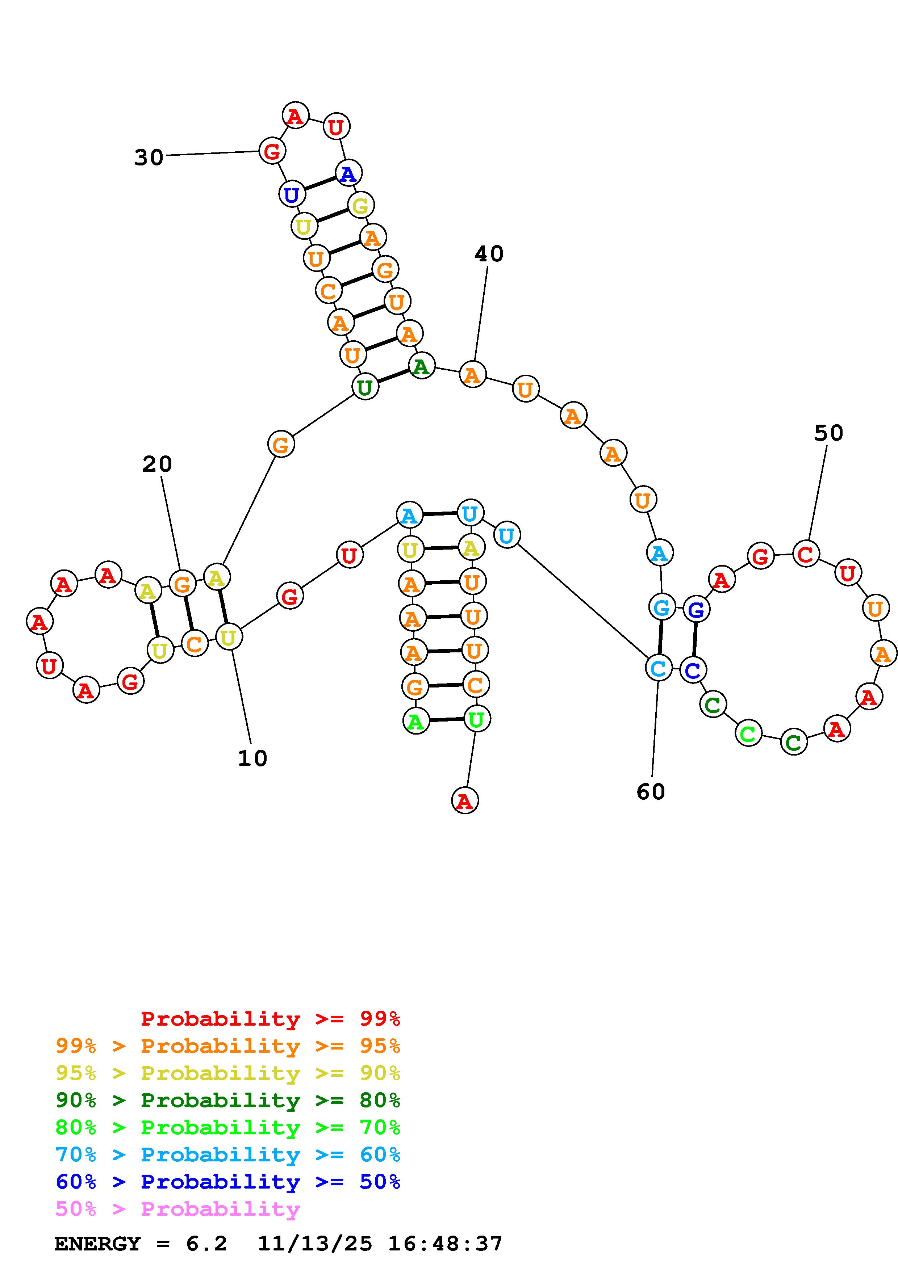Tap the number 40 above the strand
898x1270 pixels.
[x=489, y=254]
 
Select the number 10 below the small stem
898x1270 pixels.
[x=252, y=758]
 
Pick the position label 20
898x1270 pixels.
[x=157, y=464]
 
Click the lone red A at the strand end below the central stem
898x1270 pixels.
[x=465, y=801]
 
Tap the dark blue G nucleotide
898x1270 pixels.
[x=696, y=610]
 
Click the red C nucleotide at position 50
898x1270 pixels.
[x=805, y=554]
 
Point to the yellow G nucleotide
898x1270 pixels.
[x=360, y=206]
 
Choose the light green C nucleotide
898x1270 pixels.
[x=748, y=734]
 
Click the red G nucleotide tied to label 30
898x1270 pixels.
[x=272, y=151]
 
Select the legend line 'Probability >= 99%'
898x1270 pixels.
[x=270, y=1019]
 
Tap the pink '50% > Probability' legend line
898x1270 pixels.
[x=177, y=1208]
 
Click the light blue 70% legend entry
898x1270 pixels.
[x=227, y=1155]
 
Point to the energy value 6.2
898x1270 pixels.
[x=206, y=1244]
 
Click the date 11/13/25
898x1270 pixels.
[x=315, y=1244]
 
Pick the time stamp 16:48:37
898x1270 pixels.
[x=445, y=1244]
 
